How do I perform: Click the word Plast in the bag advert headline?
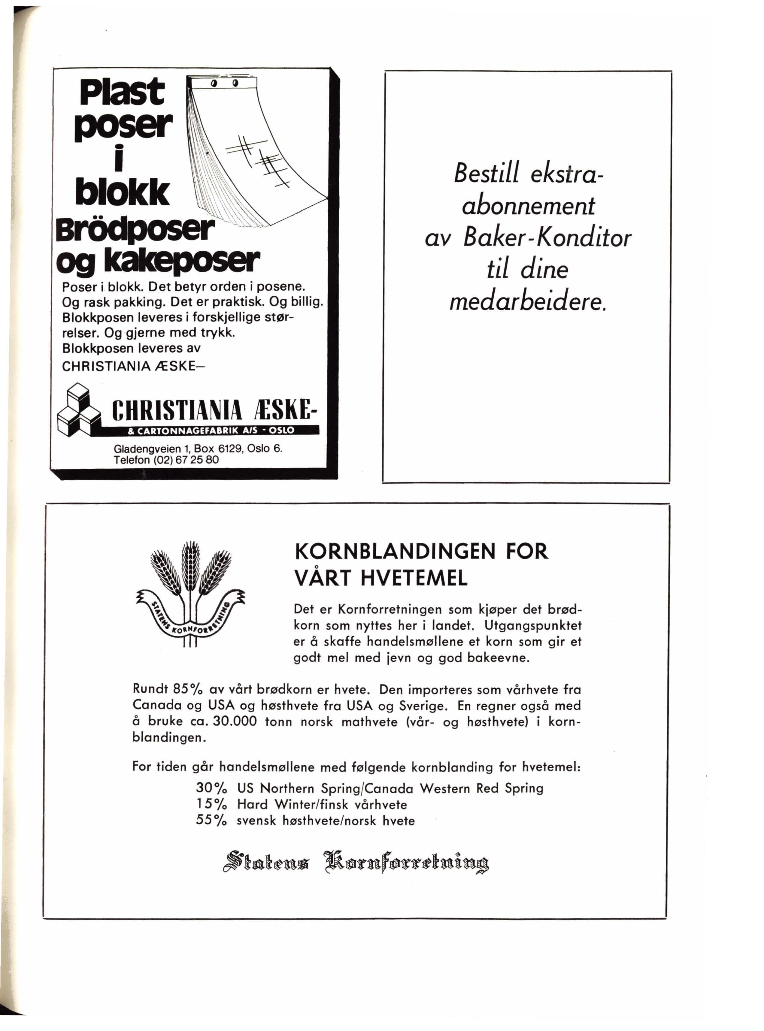[122, 92]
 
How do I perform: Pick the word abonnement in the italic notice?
[529, 206]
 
